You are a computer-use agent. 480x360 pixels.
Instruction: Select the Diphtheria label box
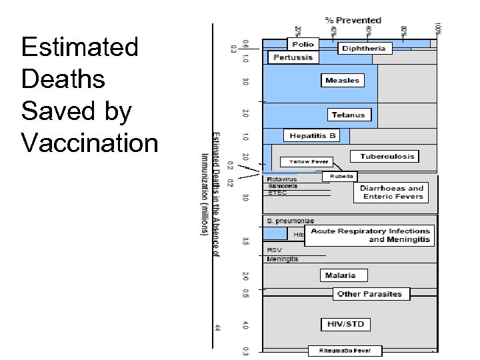coord(363,48)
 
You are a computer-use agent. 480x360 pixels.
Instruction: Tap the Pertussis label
coord(293,57)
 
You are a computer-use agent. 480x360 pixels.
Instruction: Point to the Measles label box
coord(342,81)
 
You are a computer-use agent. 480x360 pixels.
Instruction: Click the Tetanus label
coord(349,115)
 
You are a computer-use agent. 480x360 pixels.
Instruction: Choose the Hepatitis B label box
coord(313,136)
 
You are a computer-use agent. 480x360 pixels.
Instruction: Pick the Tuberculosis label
coord(387,157)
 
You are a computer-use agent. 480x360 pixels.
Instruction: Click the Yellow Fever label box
coord(308,162)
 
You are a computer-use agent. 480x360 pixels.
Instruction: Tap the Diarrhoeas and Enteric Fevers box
coord(391,193)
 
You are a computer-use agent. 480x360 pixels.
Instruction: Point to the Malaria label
coord(340,275)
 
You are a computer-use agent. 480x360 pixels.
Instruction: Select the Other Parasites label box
coord(369,293)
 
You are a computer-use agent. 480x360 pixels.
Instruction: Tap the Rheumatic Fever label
coord(345,351)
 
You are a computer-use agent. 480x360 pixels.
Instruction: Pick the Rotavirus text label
coord(281,179)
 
